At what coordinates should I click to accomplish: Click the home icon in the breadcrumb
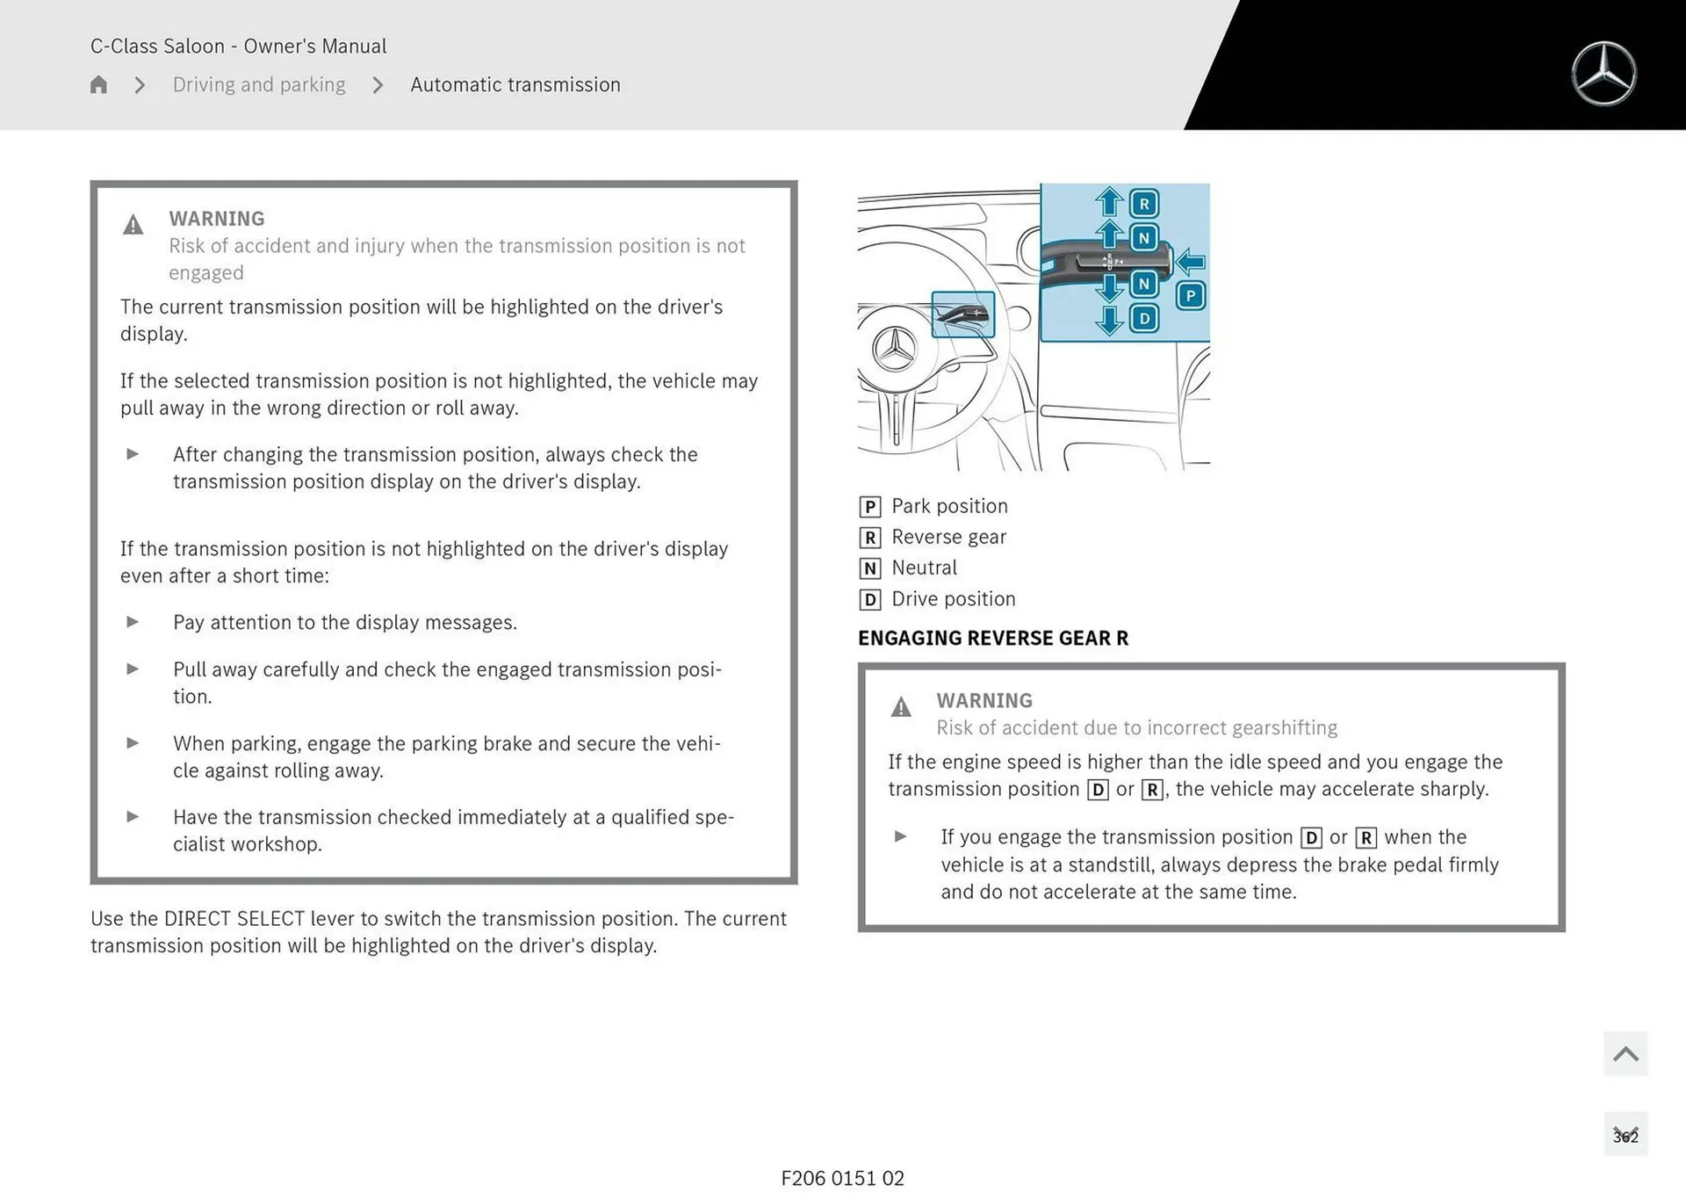(x=98, y=84)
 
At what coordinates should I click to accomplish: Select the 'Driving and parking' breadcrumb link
(x=259, y=84)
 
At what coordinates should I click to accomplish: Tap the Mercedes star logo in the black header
(x=1603, y=74)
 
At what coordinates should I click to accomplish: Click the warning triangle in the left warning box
(x=133, y=225)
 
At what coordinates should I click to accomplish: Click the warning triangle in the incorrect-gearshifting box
(x=901, y=706)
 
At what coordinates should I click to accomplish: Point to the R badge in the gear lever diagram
(x=1143, y=204)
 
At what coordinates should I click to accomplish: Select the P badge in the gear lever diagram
(x=1190, y=296)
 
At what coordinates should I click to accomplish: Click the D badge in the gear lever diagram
(x=1143, y=318)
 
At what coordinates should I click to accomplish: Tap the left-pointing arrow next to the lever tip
(x=1190, y=261)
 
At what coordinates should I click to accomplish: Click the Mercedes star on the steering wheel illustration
(x=894, y=349)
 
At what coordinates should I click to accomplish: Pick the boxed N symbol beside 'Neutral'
(x=869, y=568)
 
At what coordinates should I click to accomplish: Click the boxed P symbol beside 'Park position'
(x=869, y=507)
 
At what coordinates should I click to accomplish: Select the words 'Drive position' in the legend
(x=953, y=599)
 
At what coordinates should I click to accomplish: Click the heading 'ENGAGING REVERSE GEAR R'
(x=992, y=638)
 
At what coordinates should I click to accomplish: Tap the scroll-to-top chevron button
(x=1625, y=1053)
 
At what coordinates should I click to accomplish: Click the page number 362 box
(x=1625, y=1135)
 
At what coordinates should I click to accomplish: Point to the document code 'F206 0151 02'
(x=842, y=1178)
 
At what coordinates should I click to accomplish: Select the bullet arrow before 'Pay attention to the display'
(x=133, y=622)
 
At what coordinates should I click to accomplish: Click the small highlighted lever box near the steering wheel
(x=962, y=315)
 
